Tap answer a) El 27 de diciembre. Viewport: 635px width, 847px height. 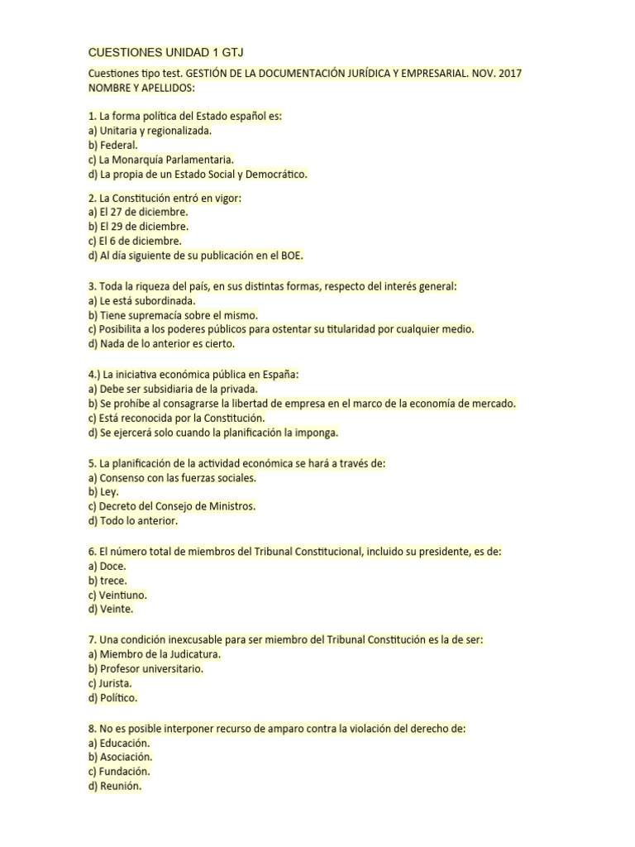(x=137, y=212)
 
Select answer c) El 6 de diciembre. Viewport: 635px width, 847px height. (x=134, y=241)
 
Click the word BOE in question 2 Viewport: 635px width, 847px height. (x=290, y=256)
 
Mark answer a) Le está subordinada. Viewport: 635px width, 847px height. (x=141, y=300)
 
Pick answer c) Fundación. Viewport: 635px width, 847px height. (x=120, y=772)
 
